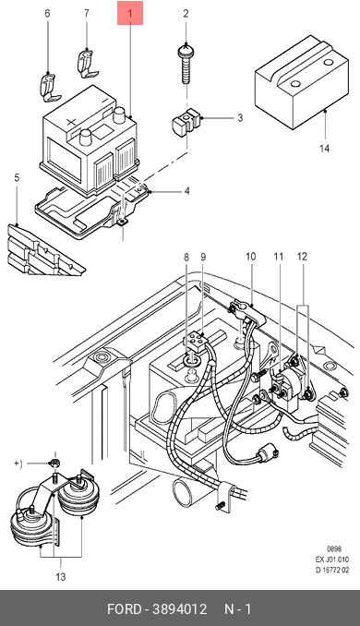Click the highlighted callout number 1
click(130, 14)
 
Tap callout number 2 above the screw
click(186, 14)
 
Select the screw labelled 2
click(186, 65)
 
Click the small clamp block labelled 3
click(186, 123)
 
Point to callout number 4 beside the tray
click(186, 191)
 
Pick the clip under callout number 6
click(50, 87)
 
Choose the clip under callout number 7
click(87, 64)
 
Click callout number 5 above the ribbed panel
click(17, 177)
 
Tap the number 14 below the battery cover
click(325, 149)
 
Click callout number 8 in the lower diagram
click(186, 257)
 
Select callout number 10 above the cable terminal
click(250, 257)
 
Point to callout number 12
click(302, 257)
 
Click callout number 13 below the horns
click(61, 577)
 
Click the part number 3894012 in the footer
click(180, 609)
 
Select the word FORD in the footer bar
click(124, 609)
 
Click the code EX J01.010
click(332, 560)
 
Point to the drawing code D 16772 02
click(332, 570)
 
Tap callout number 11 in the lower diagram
click(278, 257)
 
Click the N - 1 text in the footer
click(238, 609)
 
